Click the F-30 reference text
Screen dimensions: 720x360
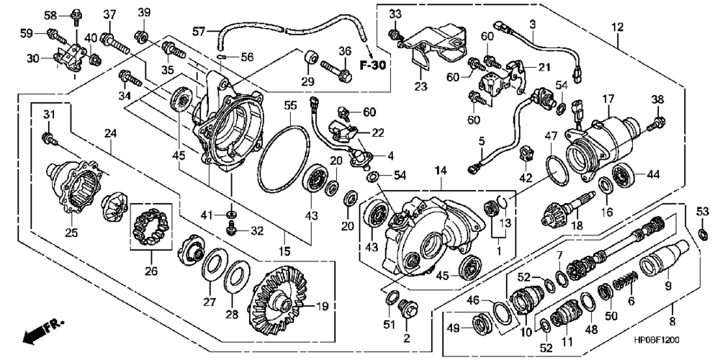pos(372,66)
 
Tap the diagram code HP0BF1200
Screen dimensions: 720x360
pos(656,341)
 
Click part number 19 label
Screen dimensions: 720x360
pos(323,306)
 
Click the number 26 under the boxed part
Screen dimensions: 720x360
pos(151,271)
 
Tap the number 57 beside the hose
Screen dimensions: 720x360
pos(199,31)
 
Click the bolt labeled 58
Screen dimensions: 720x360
pos(75,16)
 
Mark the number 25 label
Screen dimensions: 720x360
pos(71,233)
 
